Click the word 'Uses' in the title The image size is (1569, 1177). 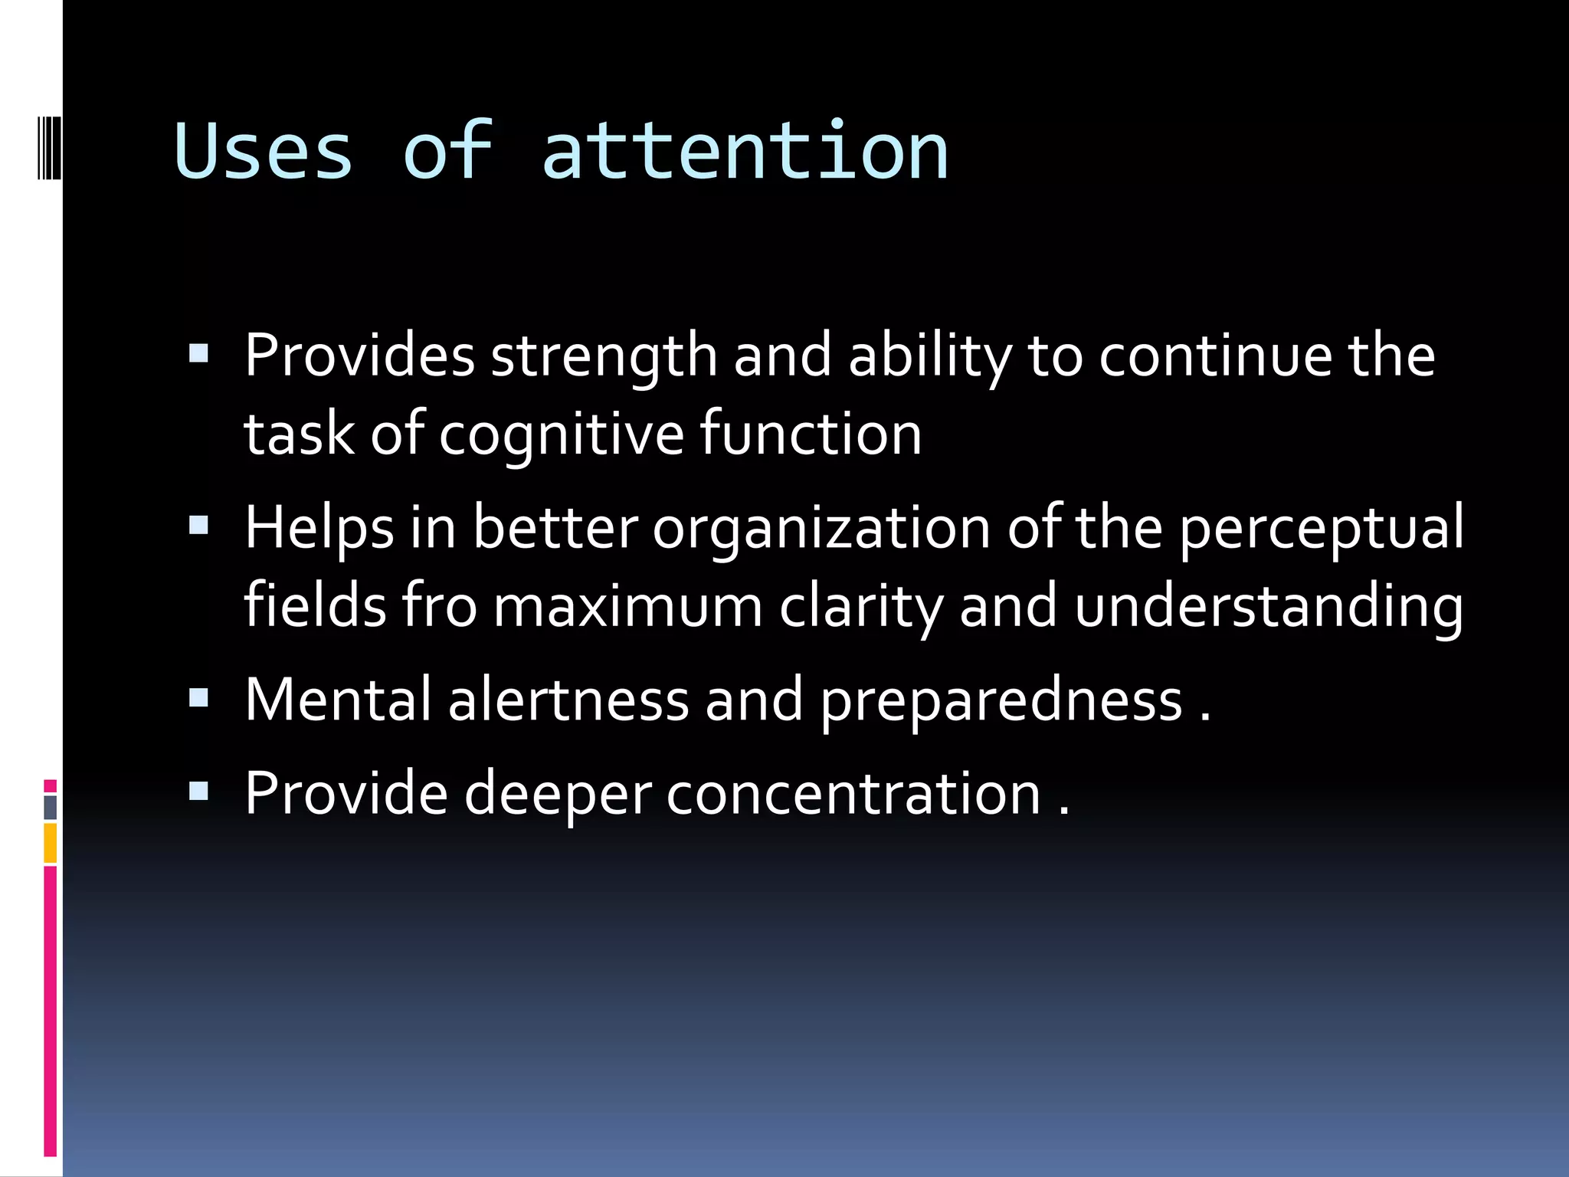[263, 152]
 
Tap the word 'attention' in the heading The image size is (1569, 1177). [745, 152]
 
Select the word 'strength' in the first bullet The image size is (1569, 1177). [604, 357]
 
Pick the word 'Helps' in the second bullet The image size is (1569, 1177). [319, 529]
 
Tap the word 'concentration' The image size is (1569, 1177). [853, 794]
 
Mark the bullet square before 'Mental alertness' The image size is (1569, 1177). [198, 697]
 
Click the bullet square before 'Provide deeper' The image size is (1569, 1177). [198, 791]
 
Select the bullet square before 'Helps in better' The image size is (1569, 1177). [198, 526]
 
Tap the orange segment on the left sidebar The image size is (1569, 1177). [50, 843]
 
